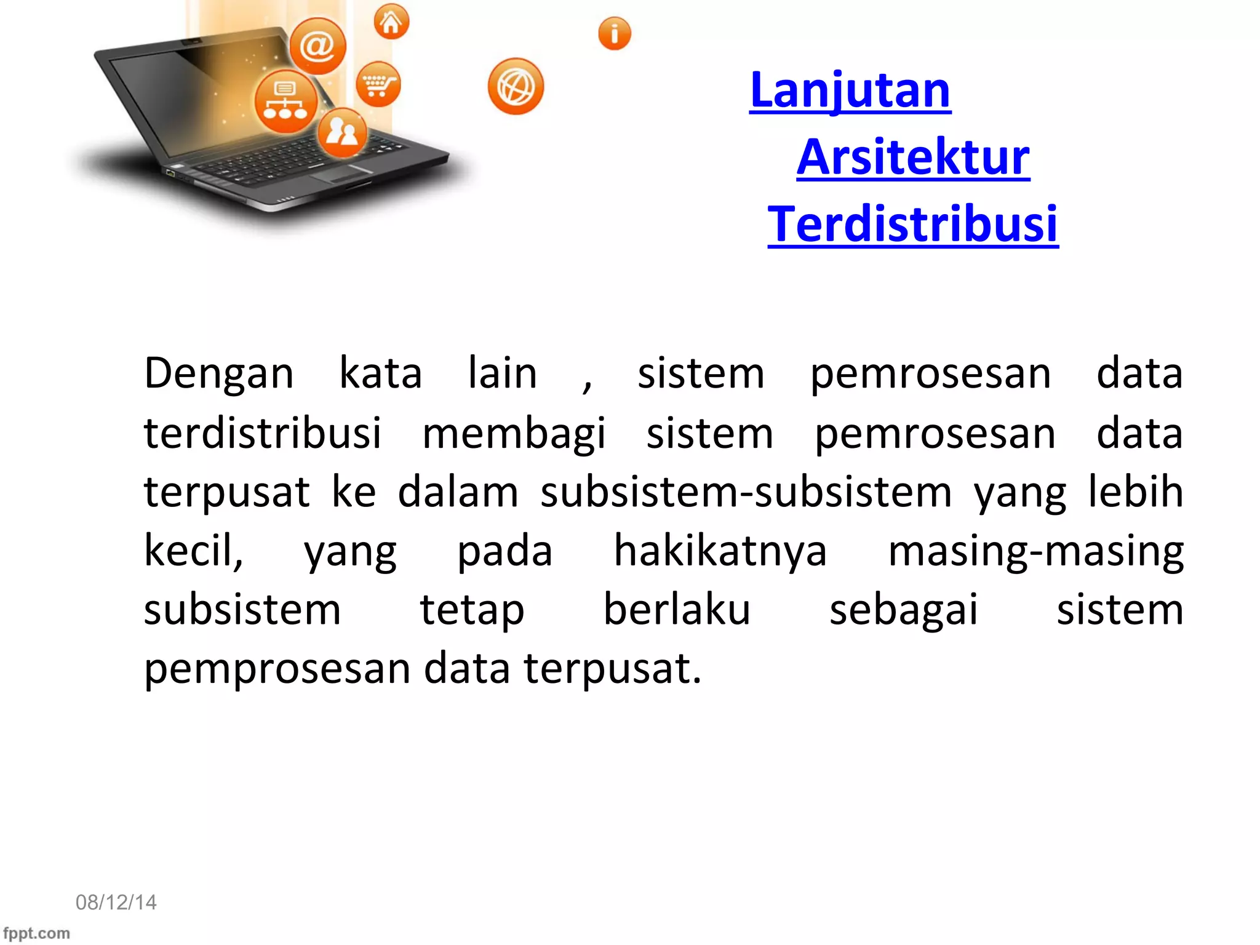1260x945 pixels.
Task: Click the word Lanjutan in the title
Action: coord(850,90)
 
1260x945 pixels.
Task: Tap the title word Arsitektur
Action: coord(913,157)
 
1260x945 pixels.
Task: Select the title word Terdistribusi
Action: coord(913,225)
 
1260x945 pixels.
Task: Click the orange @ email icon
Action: coord(317,46)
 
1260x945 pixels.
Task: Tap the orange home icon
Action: coord(391,22)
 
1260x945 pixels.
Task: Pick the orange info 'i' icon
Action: coord(614,33)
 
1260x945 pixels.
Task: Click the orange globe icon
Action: coord(516,87)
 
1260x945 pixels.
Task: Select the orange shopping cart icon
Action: coord(378,84)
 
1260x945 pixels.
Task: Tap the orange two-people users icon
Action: coord(342,132)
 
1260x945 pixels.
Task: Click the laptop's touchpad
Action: coord(342,173)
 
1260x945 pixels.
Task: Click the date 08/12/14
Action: coord(116,902)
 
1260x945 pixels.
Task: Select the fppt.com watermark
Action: coord(36,933)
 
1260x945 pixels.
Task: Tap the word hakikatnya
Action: coord(720,551)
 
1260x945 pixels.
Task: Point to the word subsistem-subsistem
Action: coord(746,492)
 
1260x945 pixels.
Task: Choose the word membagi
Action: coord(514,434)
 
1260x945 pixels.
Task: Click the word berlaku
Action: coord(676,610)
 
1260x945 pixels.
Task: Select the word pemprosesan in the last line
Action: coord(277,669)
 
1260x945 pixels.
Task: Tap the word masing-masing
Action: coord(1035,551)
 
